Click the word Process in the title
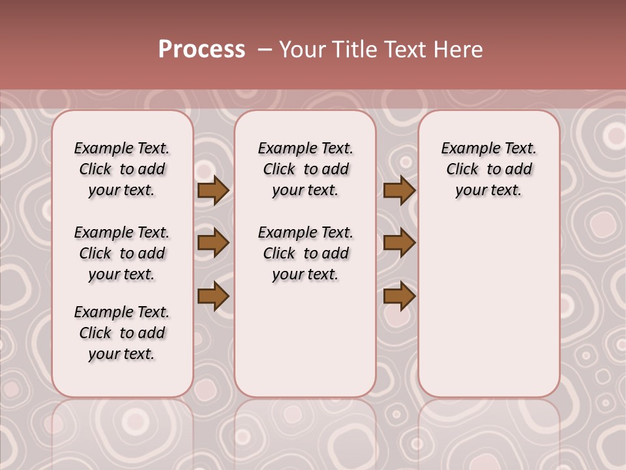click(201, 50)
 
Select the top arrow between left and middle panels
click(213, 191)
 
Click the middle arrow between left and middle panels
click(213, 243)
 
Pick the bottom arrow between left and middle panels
click(213, 296)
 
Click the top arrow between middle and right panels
click(399, 191)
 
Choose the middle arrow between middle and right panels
click(399, 243)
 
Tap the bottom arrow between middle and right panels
click(399, 296)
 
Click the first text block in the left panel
click(122, 169)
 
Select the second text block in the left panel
click(122, 253)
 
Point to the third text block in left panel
click(122, 333)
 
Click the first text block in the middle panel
click(305, 169)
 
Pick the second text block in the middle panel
click(305, 253)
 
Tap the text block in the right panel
click(488, 169)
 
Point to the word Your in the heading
click(302, 50)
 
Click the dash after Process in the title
click(264, 50)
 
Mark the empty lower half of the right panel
click(488, 313)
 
